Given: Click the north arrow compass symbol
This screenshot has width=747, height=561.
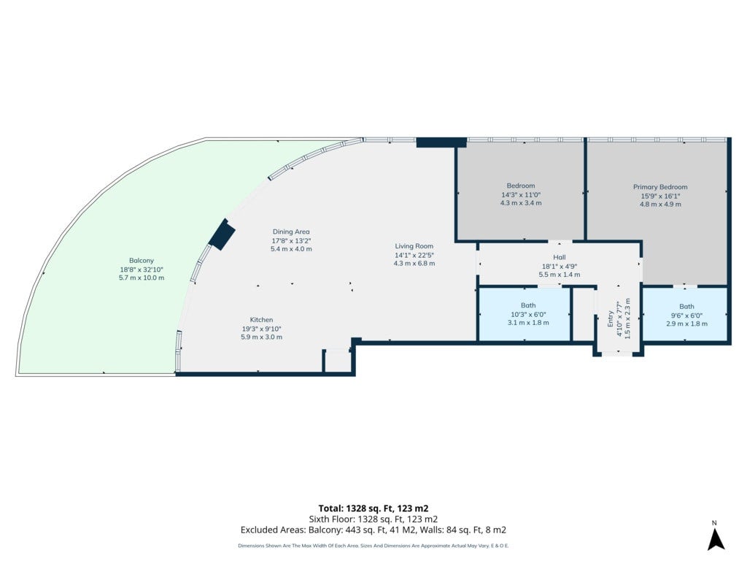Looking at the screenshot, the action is pyautogui.click(x=716, y=536).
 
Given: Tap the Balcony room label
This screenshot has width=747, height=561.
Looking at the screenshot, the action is pyautogui.click(x=142, y=261).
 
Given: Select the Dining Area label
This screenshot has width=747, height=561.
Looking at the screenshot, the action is pyautogui.click(x=291, y=232).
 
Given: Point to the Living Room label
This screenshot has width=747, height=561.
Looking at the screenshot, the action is pyautogui.click(x=414, y=246).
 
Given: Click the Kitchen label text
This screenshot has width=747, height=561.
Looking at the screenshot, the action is pyautogui.click(x=262, y=320).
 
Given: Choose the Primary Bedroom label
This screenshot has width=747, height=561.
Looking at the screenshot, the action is pyautogui.click(x=660, y=187).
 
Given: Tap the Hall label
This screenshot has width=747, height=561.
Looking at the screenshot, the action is pyautogui.click(x=560, y=257).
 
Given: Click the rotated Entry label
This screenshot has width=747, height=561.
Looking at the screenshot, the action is pyautogui.click(x=611, y=318).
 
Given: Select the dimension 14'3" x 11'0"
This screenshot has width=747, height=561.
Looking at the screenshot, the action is pyautogui.click(x=521, y=194).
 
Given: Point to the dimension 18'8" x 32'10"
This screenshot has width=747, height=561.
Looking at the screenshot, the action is pyautogui.click(x=142, y=269).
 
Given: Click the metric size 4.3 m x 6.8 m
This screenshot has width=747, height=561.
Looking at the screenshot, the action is pyautogui.click(x=414, y=263).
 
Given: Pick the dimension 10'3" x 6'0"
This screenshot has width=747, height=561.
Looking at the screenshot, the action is pyautogui.click(x=528, y=314).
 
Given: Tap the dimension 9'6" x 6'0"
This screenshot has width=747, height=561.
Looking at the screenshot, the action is pyautogui.click(x=686, y=316).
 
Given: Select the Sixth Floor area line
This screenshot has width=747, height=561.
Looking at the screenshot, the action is pyautogui.click(x=373, y=519).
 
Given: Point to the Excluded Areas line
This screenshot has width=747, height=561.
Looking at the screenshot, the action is pyautogui.click(x=373, y=530).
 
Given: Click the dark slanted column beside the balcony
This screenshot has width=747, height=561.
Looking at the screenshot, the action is pyautogui.click(x=222, y=234).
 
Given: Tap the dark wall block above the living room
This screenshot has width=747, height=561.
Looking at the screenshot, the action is pyautogui.click(x=441, y=142).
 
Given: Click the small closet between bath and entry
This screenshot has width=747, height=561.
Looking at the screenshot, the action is pyautogui.click(x=583, y=314).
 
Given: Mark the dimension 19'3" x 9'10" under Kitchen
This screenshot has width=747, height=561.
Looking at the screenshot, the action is pyautogui.click(x=262, y=329).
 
